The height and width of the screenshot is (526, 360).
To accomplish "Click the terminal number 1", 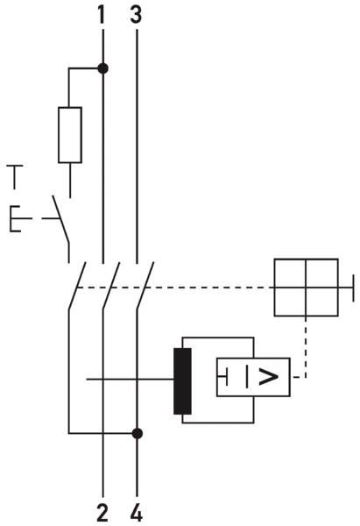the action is pos(102,16).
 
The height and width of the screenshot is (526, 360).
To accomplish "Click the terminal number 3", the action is pos(136,16).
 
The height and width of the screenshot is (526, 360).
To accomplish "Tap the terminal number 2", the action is pos(102,512).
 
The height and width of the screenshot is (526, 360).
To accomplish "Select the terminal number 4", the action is pos(137,512).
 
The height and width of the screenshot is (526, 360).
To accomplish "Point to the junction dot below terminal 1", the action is pos(102,68).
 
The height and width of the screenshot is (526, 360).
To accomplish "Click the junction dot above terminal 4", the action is pos(138,433).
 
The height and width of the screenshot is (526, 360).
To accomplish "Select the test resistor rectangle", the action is pos(70,135).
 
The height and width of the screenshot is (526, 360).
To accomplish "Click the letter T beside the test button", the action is pos(15,177).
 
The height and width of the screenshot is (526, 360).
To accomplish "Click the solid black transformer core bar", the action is pos(182,380).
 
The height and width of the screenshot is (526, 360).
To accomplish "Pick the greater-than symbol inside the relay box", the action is pos(269,377).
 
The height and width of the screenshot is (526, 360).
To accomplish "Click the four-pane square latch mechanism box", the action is pos(306,288).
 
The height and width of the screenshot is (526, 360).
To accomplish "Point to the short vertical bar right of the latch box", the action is pos(353,288).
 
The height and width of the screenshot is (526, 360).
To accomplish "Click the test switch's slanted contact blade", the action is pos(61,219).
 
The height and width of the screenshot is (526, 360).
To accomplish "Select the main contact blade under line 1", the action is pos(111,286).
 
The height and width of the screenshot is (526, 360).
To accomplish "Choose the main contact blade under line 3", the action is pos(145,286).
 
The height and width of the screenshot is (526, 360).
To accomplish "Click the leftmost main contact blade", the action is pos(77,286).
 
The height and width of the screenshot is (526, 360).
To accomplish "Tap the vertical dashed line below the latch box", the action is pos(306,347).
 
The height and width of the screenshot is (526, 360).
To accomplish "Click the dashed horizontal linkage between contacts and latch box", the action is pos(175,288).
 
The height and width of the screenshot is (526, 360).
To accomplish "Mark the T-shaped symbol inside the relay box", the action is pos(223,376).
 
